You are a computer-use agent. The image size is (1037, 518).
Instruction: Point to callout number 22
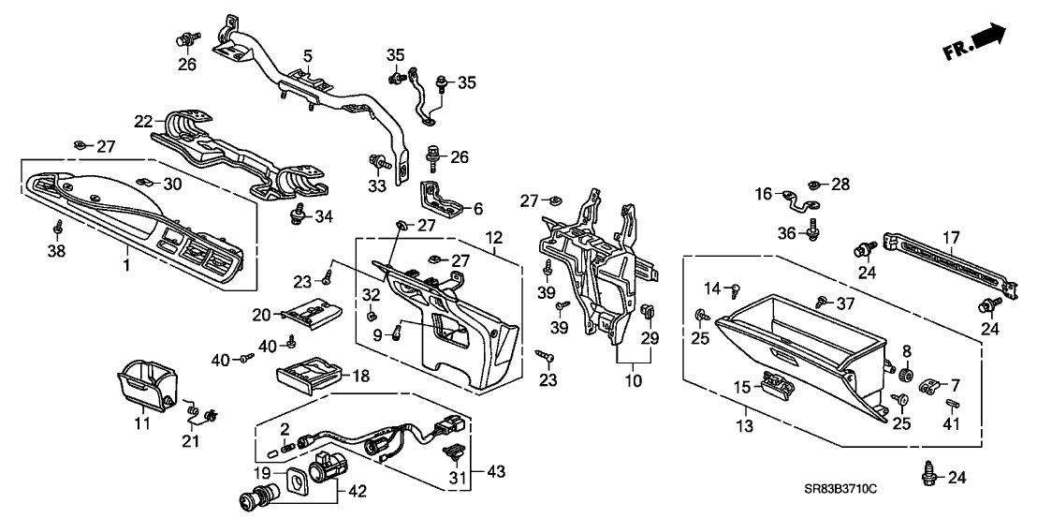142,121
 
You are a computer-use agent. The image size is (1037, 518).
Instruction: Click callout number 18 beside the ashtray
358,376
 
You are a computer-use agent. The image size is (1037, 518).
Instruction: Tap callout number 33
377,186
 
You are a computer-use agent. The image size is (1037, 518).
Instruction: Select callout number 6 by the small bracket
476,209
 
